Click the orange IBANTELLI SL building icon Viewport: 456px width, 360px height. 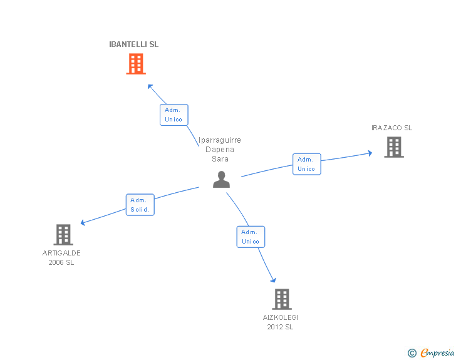[135, 64]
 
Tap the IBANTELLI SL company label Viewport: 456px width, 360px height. [134, 44]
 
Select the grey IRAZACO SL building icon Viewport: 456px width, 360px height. [393, 147]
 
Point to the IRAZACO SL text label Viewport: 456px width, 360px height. [391, 128]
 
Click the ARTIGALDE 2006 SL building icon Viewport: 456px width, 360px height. [63, 235]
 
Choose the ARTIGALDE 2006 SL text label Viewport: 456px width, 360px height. [61, 258]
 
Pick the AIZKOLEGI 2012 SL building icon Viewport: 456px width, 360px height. [281, 299]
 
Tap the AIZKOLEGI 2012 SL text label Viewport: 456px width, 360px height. [281, 322]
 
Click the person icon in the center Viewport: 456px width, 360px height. [221, 179]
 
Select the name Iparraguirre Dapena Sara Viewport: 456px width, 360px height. [220, 150]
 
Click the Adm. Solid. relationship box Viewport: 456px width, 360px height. [140, 205]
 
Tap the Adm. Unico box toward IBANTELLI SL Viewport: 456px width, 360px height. [174, 115]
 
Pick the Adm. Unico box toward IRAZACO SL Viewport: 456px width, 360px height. [306, 164]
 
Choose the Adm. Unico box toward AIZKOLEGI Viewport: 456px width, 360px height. [251, 237]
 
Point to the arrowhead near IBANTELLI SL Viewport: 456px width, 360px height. [149, 85]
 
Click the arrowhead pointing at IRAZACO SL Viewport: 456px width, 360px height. [370, 152]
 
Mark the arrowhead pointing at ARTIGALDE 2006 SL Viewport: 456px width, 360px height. [83, 222]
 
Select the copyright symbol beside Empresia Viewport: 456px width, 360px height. [412, 353]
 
